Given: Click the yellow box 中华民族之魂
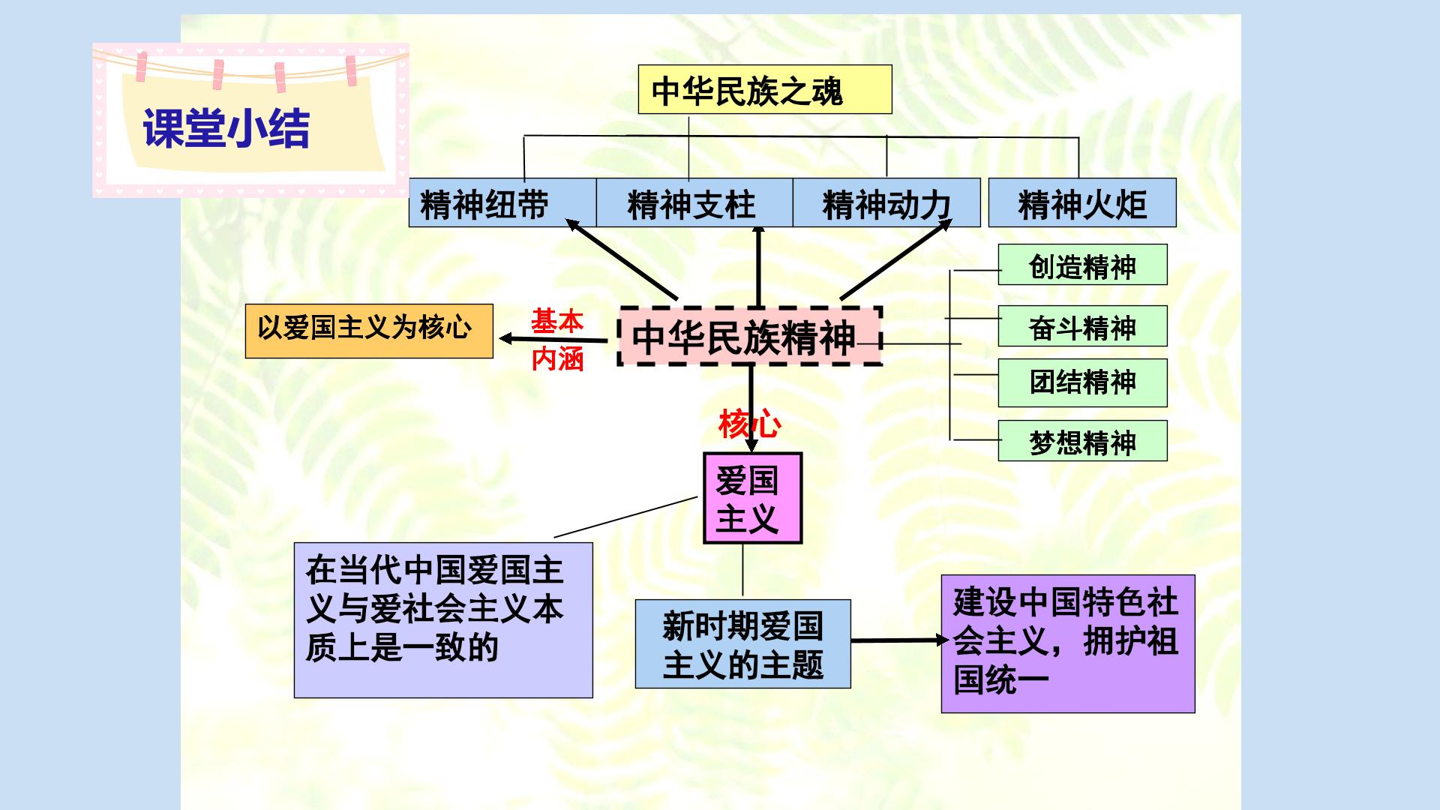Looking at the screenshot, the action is click(765, 89).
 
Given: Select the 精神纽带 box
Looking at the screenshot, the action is click(502, 202).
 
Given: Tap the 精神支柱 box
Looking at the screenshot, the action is click(694, 202).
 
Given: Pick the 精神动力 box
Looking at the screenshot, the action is click(886, 202).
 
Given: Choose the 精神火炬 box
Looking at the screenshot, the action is click(1082, 202).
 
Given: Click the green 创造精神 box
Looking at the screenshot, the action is click(1082, 265).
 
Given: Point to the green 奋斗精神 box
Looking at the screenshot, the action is click(1082, 325).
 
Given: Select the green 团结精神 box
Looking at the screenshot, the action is click(1082, 382).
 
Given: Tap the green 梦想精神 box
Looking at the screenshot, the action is click(1082, 440).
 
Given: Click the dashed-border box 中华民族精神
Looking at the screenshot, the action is click(749, 336).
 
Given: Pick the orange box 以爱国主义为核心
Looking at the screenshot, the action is click(369, 331).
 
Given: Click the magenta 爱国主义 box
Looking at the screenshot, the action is click(752, 498).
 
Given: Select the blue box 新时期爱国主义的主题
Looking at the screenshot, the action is click(742, 643).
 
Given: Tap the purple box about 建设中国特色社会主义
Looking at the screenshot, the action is click(1068, 643).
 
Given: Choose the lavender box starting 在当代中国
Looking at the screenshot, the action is click(443, 620).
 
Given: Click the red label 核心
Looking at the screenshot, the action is click(749, 424).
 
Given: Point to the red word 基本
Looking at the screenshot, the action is click(557, 322).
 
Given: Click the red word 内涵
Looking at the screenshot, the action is click(557, 359).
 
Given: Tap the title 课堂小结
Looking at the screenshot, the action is click(226, 128).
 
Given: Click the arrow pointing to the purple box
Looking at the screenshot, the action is click(901, 640).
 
